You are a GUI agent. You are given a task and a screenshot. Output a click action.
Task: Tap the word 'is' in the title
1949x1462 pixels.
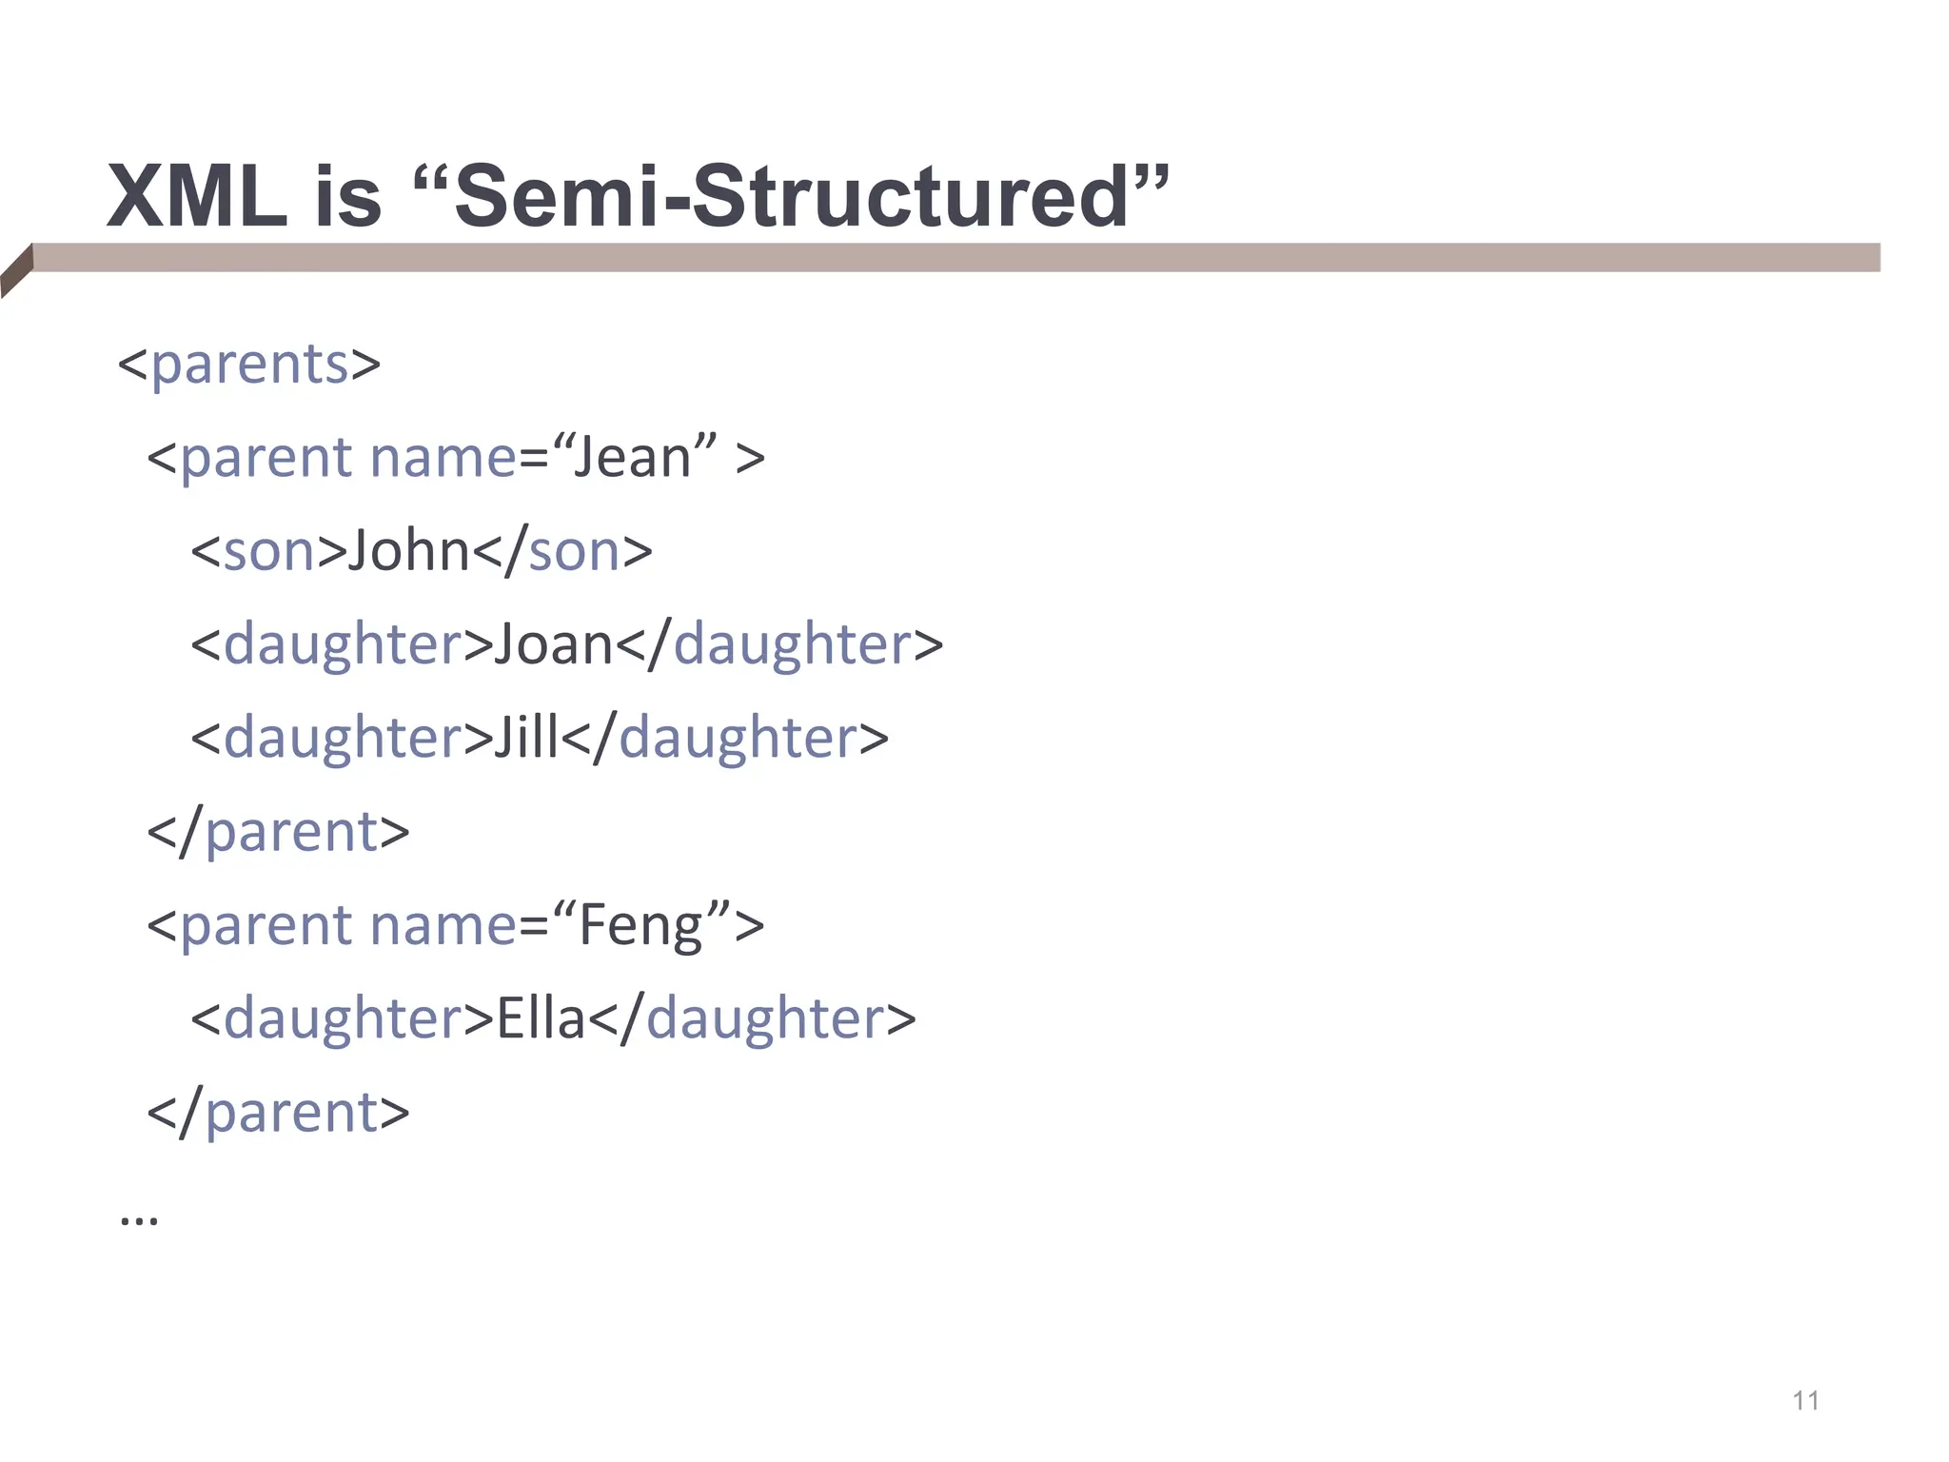[347, 197]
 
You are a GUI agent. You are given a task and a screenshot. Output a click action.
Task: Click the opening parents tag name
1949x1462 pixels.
[249, 365]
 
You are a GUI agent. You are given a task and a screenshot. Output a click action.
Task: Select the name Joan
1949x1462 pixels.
[553, 644]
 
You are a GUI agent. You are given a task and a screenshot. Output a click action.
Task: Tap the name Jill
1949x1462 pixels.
[526, 738]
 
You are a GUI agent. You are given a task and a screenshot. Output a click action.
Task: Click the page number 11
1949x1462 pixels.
[1805, 1400]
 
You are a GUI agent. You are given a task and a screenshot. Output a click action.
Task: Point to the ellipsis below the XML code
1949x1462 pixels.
[139, 1218]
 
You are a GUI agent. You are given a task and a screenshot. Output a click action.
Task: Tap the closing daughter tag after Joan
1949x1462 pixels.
[792, 644]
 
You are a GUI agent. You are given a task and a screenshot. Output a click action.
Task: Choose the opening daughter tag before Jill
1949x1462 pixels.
[343, 738]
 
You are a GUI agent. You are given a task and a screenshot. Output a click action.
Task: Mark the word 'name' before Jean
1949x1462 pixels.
[443, 458]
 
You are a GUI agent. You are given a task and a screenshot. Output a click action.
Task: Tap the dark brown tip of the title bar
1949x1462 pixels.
[16, 270]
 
